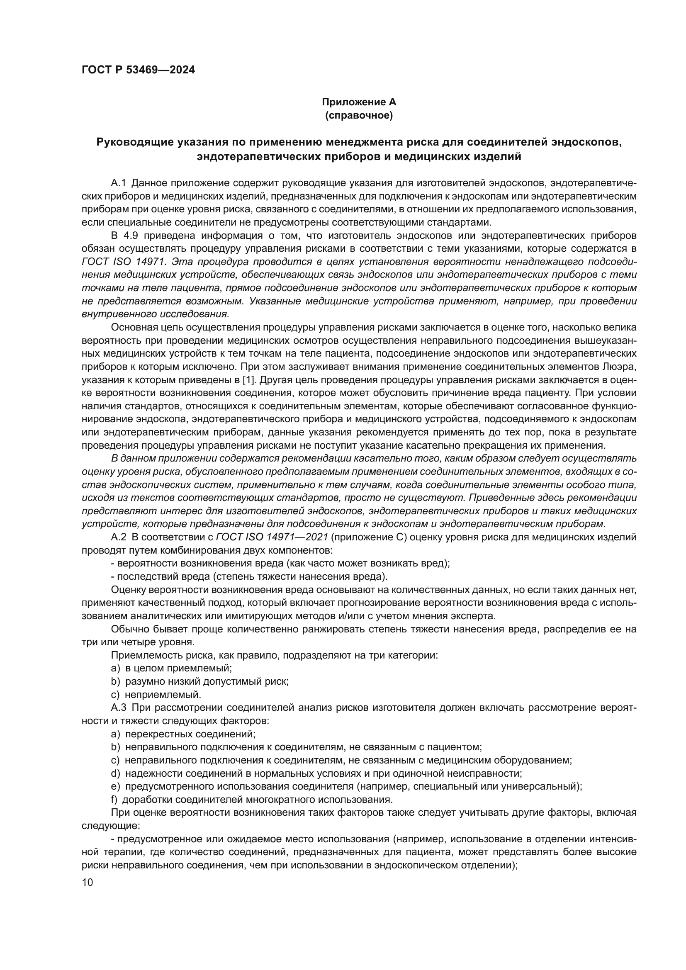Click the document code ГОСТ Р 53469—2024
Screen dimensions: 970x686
(138, 70)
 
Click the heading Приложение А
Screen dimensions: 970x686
(359, 102)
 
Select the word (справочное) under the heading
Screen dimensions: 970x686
(359, 115)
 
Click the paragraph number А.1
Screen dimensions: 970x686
(119, 183)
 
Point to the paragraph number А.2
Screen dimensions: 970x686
(119, 537)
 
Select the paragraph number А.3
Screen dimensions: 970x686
(119, 707)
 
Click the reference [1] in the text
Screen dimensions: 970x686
(249, 380)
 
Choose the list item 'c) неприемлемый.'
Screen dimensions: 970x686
(156, 695)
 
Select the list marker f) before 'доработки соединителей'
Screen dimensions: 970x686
(114, 799)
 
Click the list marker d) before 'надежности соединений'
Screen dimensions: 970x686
(115, 773)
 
